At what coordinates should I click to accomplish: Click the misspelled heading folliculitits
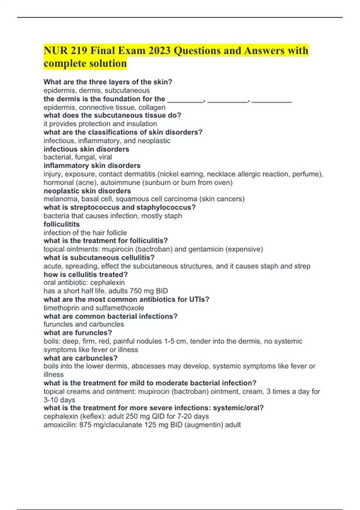click(61, 224)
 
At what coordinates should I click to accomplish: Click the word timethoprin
click(61, 308)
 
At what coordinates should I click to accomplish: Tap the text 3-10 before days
click(51, 400)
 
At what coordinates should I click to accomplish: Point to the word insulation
click(142, 124)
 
